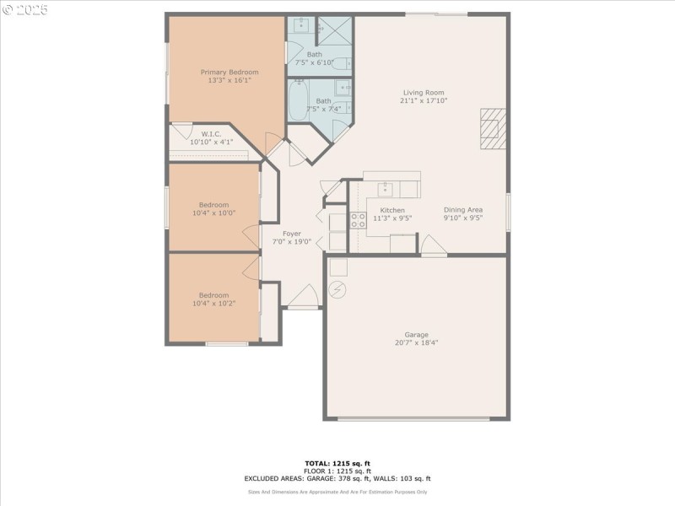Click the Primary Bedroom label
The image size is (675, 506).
point(229,73)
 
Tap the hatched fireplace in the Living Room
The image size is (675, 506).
point(492,129)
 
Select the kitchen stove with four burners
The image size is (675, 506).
point(358,220)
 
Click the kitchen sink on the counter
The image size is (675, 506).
point(384,188)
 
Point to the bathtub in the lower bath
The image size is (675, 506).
point(299,100)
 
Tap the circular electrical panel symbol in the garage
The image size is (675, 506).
point(337,289)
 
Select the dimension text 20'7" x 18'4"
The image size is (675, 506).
point(416,342)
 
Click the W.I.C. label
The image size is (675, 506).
point(210,133)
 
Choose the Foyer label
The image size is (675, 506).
point(292,234)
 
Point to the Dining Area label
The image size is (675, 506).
point(463,210)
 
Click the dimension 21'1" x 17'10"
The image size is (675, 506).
point(423,100)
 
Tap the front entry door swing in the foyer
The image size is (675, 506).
point(303,296)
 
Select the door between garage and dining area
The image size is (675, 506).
point(433,245)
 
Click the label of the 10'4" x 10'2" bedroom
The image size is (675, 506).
point(213,295)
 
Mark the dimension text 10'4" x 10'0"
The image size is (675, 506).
point(213,213)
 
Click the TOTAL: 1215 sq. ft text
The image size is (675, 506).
point(337,463)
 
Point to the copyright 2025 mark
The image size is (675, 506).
point(25,9)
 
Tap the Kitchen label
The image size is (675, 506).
point(392,210)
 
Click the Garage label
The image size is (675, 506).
point(416,334)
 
